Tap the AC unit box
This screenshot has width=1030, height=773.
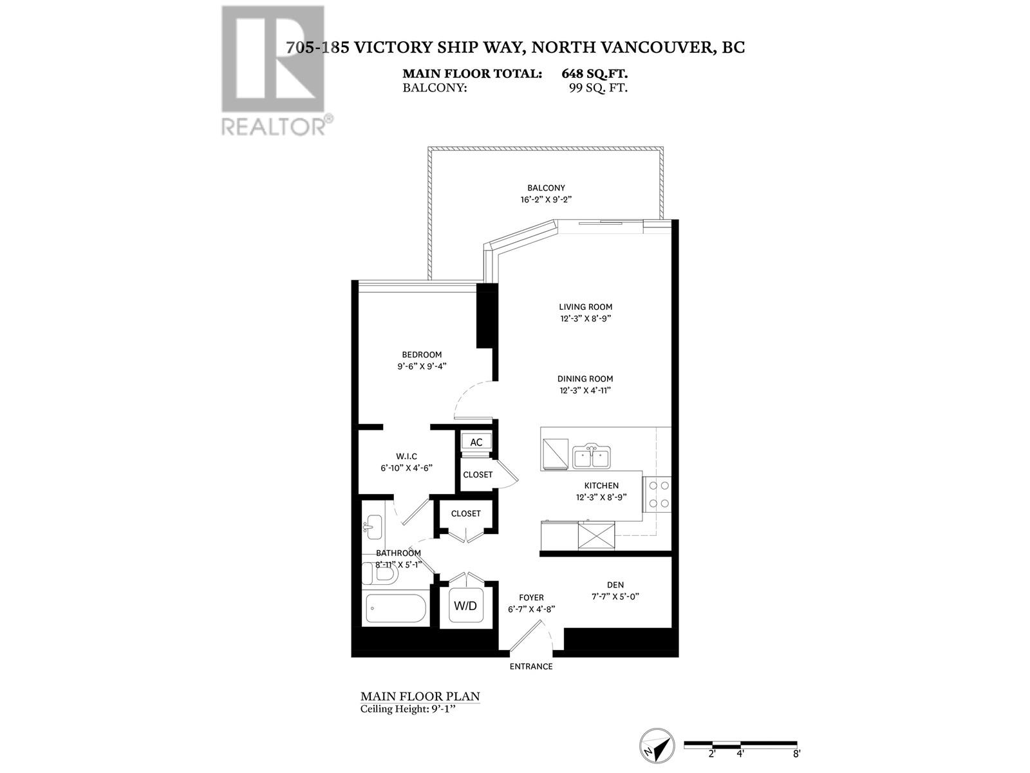click(x=476, y=443)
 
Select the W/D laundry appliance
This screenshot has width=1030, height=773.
click(x=465, y=606)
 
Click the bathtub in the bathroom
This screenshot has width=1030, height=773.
click(x=396, y=608)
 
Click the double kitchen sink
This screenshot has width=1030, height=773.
click(x=591, y=457)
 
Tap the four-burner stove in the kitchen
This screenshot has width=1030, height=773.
click(x=657, y=494)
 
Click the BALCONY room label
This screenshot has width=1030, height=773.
click(x=546, y=188)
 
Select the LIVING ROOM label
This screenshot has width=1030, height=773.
click(x=585, y=307)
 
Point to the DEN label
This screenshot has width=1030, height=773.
click(x=615, y=585)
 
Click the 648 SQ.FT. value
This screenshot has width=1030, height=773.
click(x=594, y=74)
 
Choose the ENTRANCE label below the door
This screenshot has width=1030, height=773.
click(x=531, y=667)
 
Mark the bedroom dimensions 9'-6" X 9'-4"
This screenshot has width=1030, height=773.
click(x=422, y=367)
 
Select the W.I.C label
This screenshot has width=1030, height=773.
click(x=406, y=456)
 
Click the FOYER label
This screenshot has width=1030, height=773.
click(x=531, y=598)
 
